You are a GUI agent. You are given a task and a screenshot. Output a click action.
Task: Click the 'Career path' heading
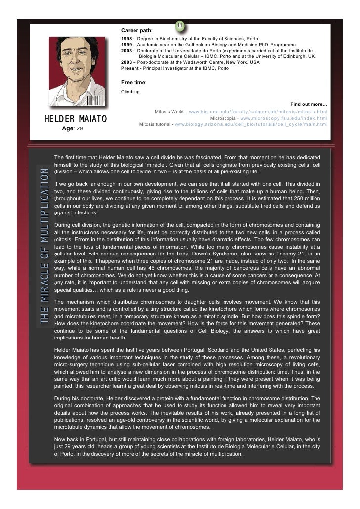point(136,31)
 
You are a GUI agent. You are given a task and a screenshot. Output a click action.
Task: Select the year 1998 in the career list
point(127,39)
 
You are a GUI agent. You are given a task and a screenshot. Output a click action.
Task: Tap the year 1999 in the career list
point(127,44)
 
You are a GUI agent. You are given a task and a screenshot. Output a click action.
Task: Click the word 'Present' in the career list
point(130,68)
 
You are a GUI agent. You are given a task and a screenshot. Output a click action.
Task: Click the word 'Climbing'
point(131,92)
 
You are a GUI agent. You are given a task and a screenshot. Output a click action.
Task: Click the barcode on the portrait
point(92,100)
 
